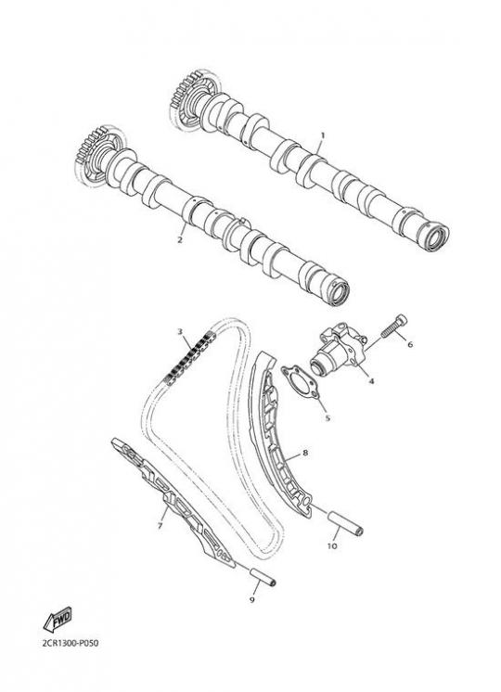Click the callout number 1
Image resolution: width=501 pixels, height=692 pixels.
(322, 135)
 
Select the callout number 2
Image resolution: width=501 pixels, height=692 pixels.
(180, 240)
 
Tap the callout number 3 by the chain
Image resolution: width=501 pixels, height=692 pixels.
(180, 330)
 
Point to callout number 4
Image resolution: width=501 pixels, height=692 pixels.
(371, 380)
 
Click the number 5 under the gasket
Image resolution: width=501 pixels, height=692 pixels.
(328, 417)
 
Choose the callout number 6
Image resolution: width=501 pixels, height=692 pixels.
(410, 344)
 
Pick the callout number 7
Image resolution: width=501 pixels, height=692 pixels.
(160, 525)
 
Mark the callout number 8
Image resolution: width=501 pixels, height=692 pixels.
(305, 453)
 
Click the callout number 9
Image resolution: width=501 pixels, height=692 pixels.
(252, 600)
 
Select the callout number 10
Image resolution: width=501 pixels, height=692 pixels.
(332, 546)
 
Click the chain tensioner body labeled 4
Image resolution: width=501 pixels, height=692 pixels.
(338, 349)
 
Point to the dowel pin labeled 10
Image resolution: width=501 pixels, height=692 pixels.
(345, 522)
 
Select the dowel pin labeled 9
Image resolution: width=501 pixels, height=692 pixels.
(263, 577)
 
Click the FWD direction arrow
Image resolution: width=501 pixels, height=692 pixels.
(58, 619)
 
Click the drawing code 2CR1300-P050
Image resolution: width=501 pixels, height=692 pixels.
(71, 643)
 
